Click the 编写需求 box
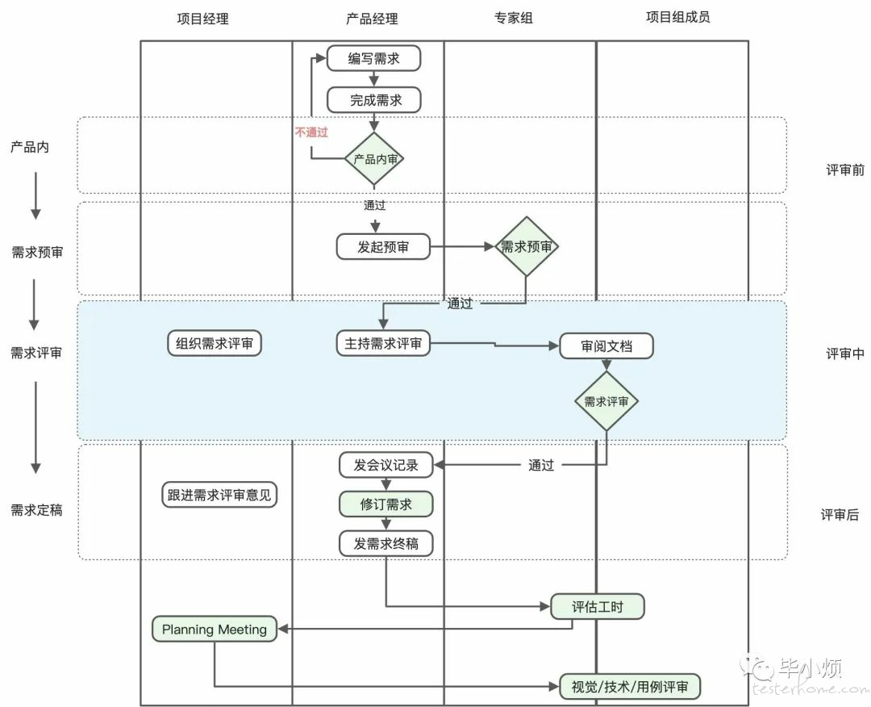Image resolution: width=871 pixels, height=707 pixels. [374, 58]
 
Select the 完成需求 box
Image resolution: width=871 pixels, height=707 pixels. [374, 100]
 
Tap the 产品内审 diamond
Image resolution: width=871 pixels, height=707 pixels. [374, 159]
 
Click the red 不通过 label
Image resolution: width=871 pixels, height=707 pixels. [311, 132]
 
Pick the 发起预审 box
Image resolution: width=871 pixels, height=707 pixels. [383, 247]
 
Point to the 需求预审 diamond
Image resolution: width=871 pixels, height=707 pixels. [526, 246]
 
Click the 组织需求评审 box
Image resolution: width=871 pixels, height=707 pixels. [215, 344]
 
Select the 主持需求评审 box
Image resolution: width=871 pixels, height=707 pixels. [383, 344]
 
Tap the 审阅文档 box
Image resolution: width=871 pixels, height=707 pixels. [606, 346]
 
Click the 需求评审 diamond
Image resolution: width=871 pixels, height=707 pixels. [606, 401]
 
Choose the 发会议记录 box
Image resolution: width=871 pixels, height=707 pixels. [386, 465]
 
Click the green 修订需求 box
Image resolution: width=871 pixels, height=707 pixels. [386, 504]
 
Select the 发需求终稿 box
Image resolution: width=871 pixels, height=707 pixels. [386, 543]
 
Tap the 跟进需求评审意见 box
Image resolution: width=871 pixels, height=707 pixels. [219, 495]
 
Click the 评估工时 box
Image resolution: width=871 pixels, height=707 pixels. [598, 606]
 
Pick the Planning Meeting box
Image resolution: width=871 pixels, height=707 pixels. [215, 630]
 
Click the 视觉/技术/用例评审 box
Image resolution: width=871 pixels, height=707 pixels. [629, 687]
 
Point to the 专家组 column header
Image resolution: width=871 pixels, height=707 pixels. [514, 19]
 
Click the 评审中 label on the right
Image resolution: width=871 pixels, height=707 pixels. [845, 353]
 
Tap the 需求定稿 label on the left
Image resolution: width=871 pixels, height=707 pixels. [36, 510]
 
